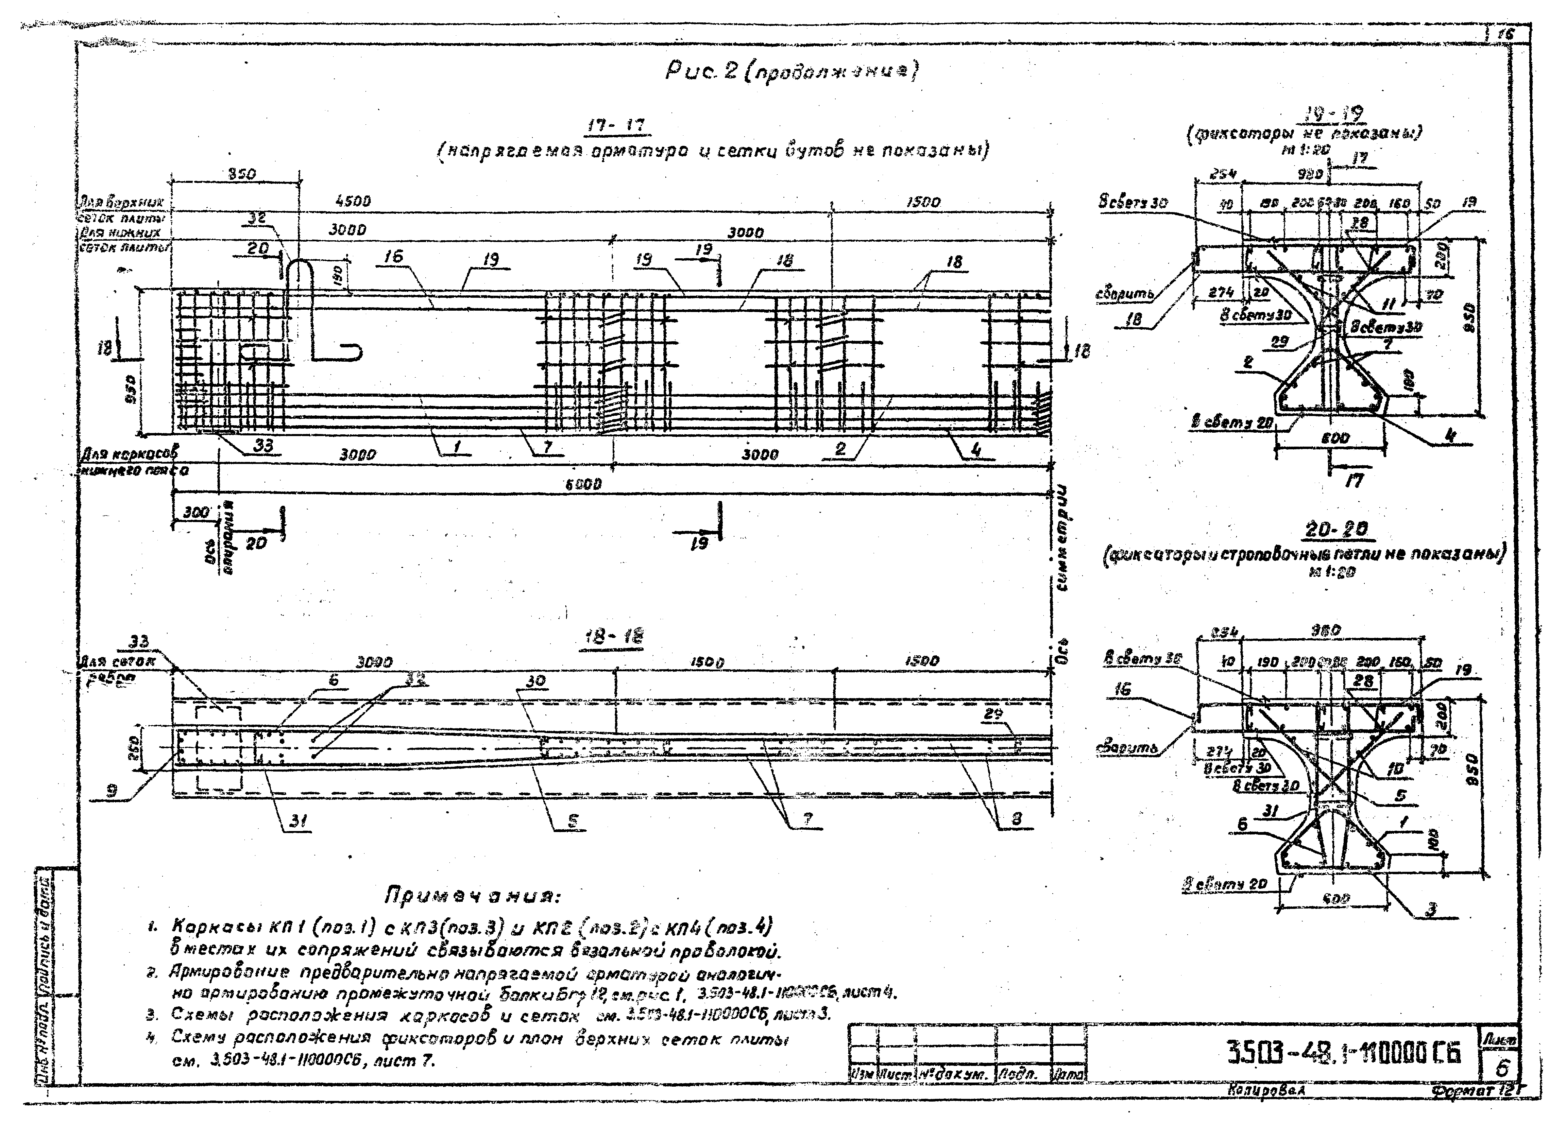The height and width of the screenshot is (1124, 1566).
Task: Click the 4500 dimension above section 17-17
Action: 353,202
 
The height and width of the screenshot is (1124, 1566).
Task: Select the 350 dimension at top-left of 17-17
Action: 242,174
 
